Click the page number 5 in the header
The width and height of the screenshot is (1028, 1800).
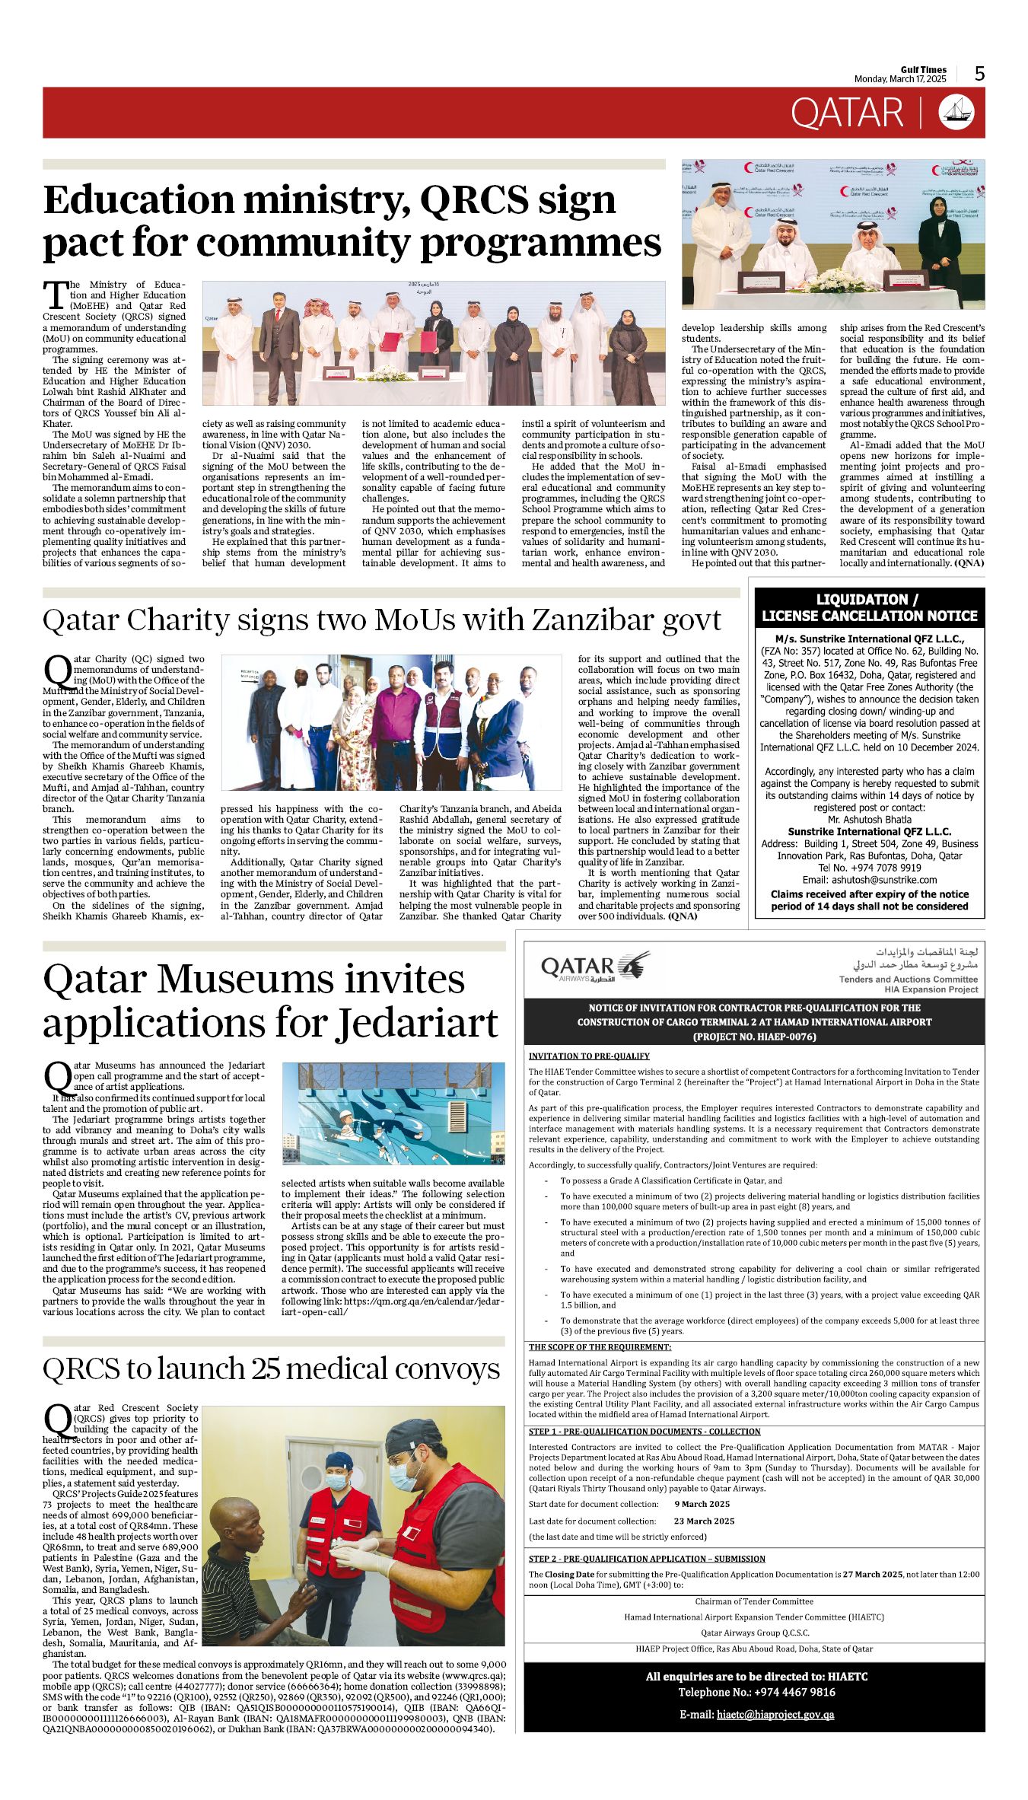point(979,73)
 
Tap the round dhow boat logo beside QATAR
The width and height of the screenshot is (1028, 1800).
point(956,113)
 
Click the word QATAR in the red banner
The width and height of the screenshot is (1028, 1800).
point(847,113)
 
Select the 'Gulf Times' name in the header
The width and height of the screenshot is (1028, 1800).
point(924,69)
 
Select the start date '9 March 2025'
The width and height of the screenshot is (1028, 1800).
point(702,1504)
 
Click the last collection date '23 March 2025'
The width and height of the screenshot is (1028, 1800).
point(704,1521)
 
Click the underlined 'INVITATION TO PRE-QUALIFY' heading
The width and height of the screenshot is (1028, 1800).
point(589,1056)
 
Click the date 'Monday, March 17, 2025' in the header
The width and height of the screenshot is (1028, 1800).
point(900,79)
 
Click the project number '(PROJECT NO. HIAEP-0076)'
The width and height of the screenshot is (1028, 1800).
point(754,1037)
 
